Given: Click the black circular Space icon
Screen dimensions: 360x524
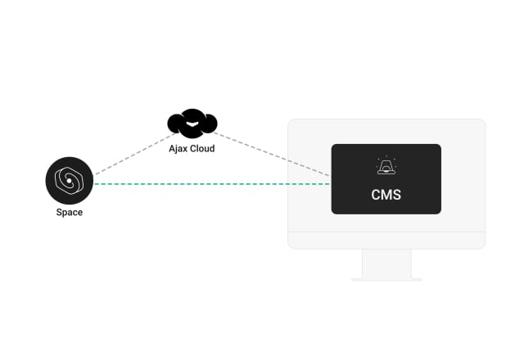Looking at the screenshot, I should tap(70, 181).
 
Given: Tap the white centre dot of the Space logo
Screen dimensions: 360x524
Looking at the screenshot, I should tap(70, 181).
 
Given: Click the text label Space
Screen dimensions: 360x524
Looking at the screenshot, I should tap(70, 213).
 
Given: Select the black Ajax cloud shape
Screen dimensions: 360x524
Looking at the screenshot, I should tap(192, 123).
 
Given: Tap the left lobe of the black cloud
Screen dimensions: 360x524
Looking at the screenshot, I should tap(175, 124).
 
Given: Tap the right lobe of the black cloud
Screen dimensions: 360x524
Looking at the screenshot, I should tap(209, 124).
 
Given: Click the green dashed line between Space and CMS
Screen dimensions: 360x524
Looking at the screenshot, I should tap(213, 184).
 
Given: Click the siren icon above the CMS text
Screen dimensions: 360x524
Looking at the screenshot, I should tap(386, 167).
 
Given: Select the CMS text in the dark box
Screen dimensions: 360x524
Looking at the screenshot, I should tap(386, 196).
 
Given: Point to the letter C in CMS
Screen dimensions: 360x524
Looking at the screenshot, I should tap(375, 196).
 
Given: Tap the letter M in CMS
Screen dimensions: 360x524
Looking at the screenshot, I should tap(386, 196).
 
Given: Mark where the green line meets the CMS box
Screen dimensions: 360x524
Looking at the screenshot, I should tap(331, 184).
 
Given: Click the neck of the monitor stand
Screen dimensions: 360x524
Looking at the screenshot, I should tap(386, 263).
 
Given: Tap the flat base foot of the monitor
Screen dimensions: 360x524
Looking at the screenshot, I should tap(386, 280).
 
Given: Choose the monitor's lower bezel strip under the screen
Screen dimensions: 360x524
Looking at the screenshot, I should tap(386, 240).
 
